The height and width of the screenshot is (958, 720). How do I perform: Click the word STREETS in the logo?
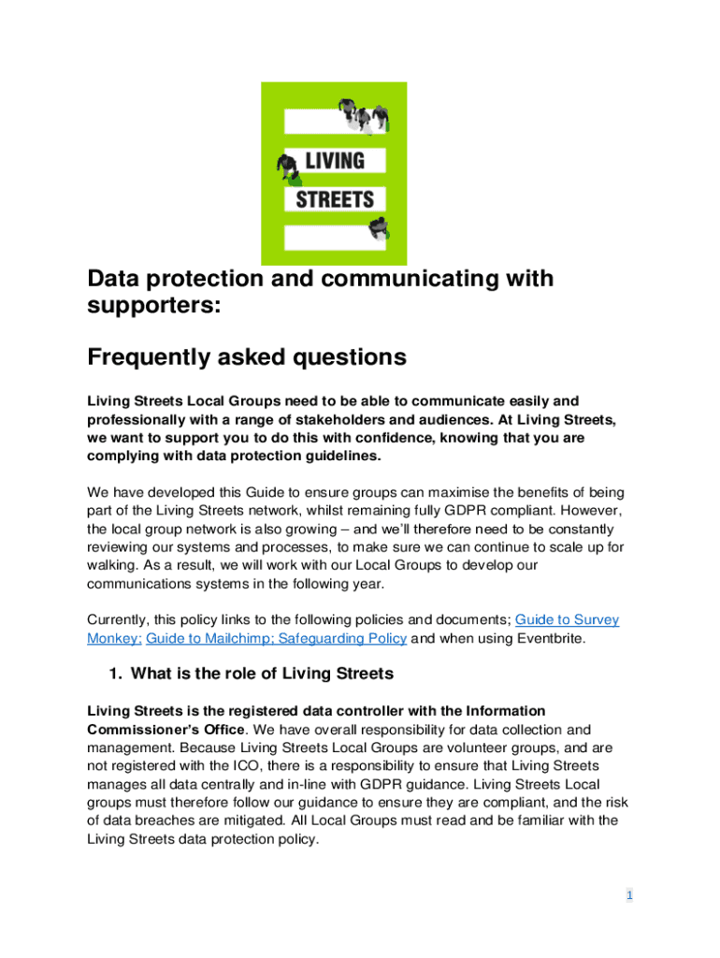(x=334, y=198)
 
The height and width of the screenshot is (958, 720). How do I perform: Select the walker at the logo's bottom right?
(x=380, y=227)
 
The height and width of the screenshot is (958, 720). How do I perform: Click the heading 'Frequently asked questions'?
(x=247, y=357)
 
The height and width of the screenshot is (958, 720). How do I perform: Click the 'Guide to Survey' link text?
(x=567, y=619)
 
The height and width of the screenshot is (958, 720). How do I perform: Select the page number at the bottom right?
(x=629, y=895)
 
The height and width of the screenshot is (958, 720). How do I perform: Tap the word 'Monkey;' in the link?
(x=114, y=638)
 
